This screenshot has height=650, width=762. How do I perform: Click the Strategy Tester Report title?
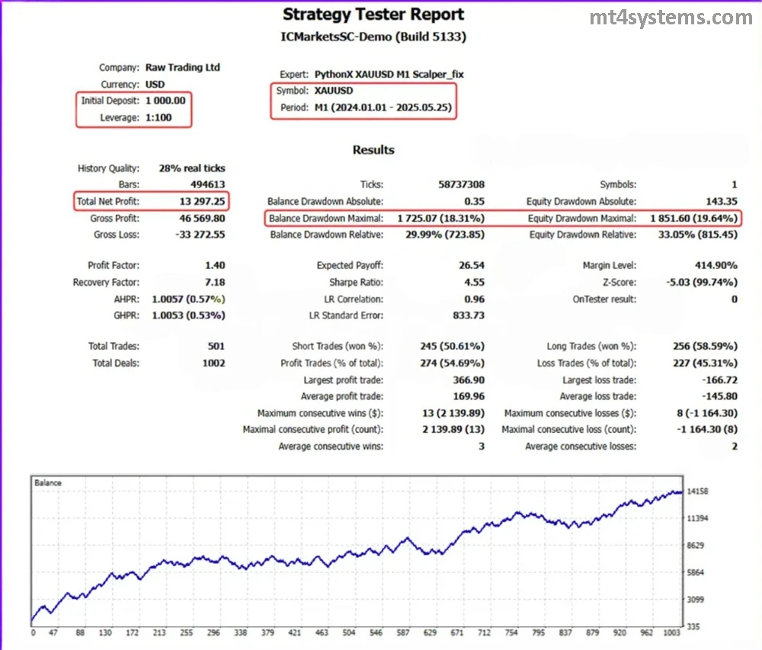tap(373, 14)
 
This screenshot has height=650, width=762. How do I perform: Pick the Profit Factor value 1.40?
tap(215, 265)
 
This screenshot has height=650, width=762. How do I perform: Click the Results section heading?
tap(373, 150)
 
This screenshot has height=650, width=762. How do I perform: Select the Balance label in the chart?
tap(48, 483)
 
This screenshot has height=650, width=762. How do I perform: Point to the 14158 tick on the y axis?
tap(698, 492)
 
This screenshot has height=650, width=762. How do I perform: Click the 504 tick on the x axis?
tap(349, 632)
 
